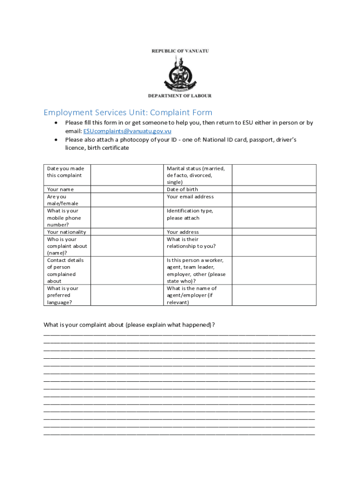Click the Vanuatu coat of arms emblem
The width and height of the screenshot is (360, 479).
(x=180, y=73)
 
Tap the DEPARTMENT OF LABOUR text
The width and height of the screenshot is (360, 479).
(x=180, y=96)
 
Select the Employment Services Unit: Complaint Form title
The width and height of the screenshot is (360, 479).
(x=128, y=112)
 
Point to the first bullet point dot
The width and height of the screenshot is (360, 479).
(x=56, y=123)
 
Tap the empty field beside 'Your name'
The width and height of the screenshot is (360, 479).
(x=127, y=189)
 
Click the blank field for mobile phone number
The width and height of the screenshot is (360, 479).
(x=127, y=218)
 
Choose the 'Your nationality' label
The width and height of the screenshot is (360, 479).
(x=66, y=232)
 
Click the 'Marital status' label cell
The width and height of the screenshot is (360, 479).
(x=196, y=175)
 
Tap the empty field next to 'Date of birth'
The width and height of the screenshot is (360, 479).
(x=274, y=189)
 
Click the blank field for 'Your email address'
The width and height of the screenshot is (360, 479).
(x=274, y=200)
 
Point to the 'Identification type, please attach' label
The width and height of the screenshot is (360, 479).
(x=190, y=214)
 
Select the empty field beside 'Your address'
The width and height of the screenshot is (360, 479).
(x=274, y=232)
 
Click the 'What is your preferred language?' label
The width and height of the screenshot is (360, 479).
(x=63, y=295)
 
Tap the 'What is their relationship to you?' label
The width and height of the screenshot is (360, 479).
(x=191, y=243)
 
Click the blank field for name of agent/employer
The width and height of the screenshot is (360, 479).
(x=274, y=295)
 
